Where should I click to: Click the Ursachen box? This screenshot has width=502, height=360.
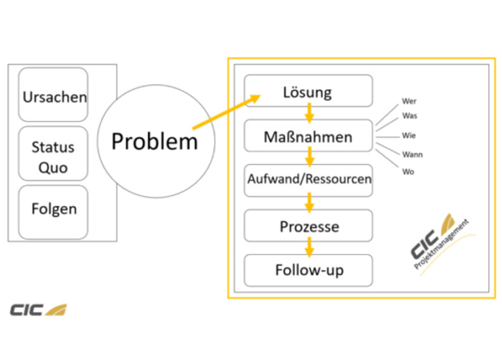[53, 95]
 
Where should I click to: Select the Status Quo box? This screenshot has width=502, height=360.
[53, 154]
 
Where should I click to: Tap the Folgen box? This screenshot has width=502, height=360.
[53, 212]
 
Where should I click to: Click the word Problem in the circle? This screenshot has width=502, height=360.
[155, 141]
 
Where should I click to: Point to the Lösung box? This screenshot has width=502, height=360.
[308, 91]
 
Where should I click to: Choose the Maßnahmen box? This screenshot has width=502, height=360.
[308, 135]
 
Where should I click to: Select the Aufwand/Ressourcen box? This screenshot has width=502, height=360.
[308, 180]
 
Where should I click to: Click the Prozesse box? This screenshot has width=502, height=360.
[308, 225]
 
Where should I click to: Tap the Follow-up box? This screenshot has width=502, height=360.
[308, 270]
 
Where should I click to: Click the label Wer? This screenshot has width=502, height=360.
[409, 101]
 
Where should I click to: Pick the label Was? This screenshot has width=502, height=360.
[410, 116]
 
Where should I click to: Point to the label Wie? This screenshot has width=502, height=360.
[409, 135]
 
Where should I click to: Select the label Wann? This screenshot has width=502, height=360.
[413, 155]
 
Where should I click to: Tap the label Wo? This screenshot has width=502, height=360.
[408, 172]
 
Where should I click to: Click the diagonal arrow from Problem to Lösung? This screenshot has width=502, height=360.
[227, 112]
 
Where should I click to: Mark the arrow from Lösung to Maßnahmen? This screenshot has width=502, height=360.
[309, 113]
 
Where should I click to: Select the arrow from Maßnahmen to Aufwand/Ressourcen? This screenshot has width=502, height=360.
[309, 157]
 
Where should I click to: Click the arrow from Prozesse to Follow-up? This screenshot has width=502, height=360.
[309, 247]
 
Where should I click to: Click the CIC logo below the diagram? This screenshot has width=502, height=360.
[39, 310]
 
